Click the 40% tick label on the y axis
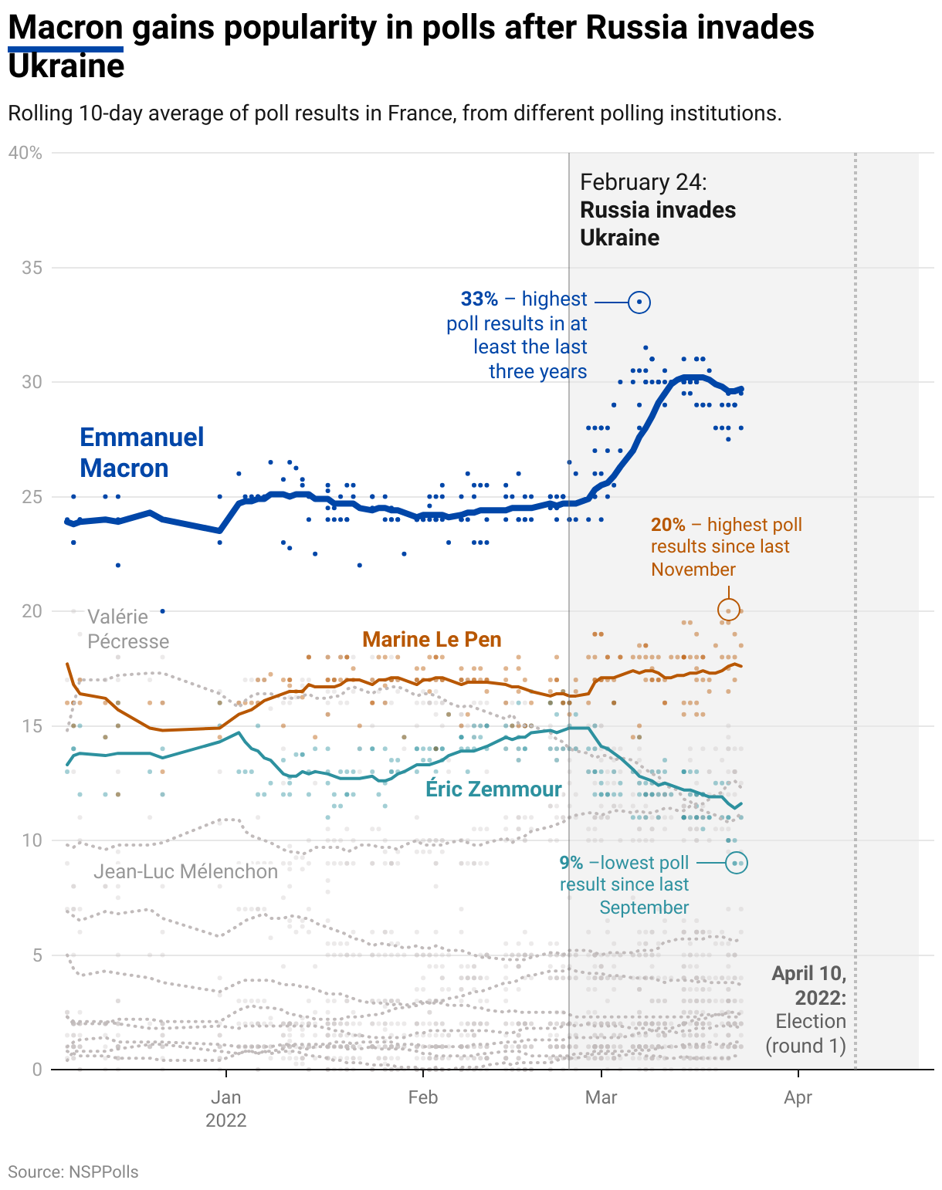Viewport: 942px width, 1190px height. [x=25, y=153]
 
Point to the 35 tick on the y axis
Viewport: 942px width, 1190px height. [x=32, y=268]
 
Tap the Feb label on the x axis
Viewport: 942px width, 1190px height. [x=423, y=1097]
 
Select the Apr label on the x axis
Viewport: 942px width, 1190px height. [x=798, y=1097]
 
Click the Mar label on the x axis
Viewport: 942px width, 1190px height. [x=601, y=1097]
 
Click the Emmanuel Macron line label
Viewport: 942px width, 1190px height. [x=141, y=452]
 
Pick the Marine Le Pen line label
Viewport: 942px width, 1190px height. [x=432, y=639]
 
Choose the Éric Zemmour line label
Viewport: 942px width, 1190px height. [x=493, y=789]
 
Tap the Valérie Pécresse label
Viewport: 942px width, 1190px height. [x=127, y=628]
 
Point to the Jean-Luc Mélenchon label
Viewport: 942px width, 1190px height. [x=185, y=871]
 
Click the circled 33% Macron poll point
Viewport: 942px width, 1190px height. [x=639, y=302]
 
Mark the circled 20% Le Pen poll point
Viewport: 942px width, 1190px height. [x=728, y=610]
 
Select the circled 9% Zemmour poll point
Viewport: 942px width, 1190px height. [x=737, y=863]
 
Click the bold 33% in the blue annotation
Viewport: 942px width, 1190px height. [x=479, y=299]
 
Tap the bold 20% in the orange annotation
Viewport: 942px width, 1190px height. [x=668, y=525]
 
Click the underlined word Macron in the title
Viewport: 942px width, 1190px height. [x=66, y=29]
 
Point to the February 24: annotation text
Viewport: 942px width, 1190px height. [x=643, y=182]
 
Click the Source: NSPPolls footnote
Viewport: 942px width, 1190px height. [x=73, y=1171]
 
